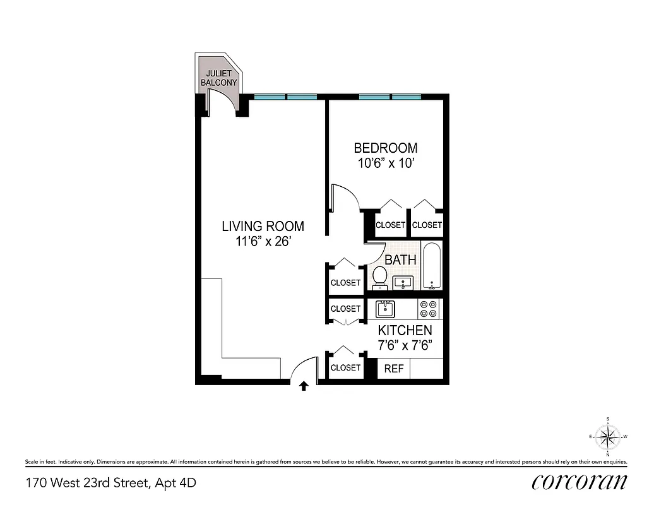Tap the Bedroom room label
385,148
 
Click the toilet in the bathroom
380,277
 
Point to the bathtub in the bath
432,266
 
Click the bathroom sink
402,282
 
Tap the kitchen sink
385,309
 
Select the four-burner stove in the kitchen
429,309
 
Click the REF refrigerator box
394,369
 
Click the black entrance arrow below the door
304,386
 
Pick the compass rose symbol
607,436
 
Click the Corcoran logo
580,482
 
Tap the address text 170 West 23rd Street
110,484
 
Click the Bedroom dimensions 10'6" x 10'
385,163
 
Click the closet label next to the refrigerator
345,367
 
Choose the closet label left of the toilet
345,283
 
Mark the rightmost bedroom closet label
427,225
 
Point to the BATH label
400,259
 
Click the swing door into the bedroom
344,197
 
